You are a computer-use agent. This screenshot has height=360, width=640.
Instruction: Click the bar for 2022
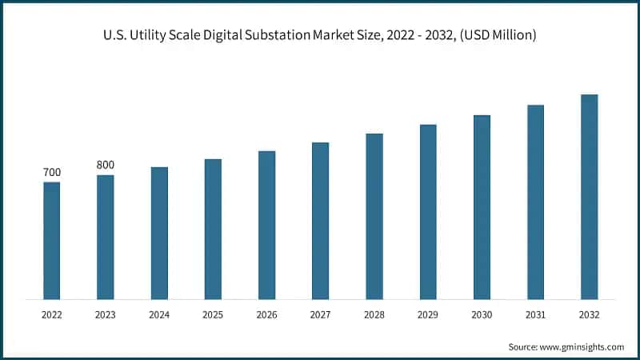(x=51, y=241)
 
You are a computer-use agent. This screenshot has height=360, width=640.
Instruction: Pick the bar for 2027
(x=320, y=221)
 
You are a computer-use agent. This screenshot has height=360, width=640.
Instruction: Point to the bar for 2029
(x=428, y=212)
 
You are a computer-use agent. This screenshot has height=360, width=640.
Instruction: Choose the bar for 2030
(x=482, y=207)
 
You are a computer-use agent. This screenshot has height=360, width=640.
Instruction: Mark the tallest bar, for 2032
(x=589, y=197)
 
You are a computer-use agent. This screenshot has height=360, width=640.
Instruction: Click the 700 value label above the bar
(x=51, y=173)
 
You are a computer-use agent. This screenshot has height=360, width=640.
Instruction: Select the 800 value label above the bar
(x=105, y=165)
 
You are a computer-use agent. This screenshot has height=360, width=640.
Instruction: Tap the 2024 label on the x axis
(x=159, y=315)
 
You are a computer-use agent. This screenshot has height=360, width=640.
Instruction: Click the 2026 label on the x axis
(x=266, y=315)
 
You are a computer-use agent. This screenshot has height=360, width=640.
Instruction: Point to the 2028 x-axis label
(x=374, y=315)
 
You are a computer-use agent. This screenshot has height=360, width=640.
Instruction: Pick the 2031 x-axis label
(x=535, y=315)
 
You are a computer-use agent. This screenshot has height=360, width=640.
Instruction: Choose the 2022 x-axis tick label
(x=51, y=315)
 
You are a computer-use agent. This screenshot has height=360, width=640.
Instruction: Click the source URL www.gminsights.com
(x=583, y=346)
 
